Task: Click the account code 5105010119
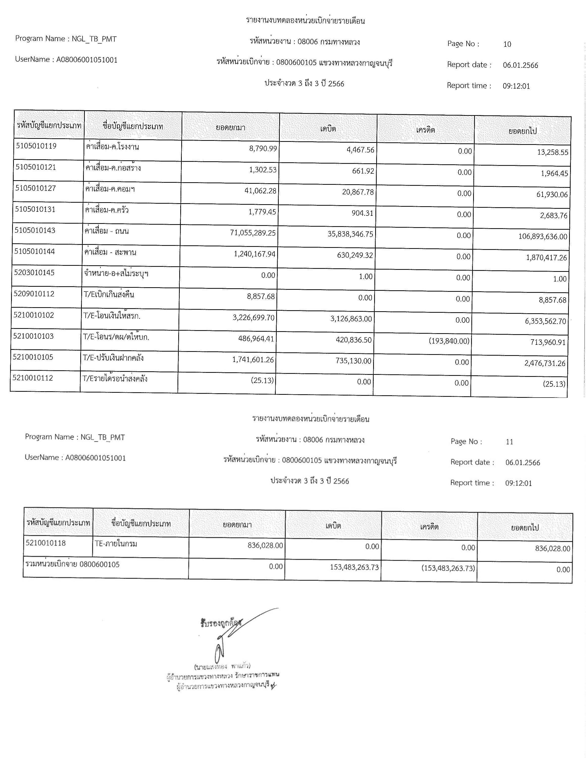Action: coord(36,146)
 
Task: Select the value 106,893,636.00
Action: coord(543,237)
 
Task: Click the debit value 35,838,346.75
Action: coord(350,234)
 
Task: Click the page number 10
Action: coord(507,44)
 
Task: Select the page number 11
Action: coord(509,442)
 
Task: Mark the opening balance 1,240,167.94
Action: coord(254,254)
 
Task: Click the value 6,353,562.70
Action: coord(545,321)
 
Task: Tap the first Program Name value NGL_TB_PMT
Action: coord(94,39)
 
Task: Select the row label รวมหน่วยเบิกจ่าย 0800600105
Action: coord(72,565)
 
